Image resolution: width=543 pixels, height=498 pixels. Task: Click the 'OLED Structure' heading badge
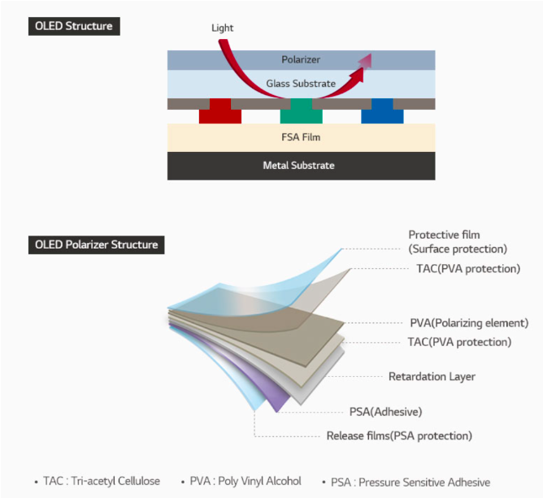(x=74, y=26)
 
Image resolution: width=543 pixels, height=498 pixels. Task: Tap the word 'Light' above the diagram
(x=222, y=28)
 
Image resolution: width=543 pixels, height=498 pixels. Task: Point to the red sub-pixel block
(x=220, y=112)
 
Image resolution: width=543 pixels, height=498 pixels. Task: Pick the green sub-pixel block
(x=301, y=112)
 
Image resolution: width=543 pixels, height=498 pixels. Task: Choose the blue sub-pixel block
(x=382, y=112)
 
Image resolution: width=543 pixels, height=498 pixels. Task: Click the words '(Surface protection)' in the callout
(x=458, y=249)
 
